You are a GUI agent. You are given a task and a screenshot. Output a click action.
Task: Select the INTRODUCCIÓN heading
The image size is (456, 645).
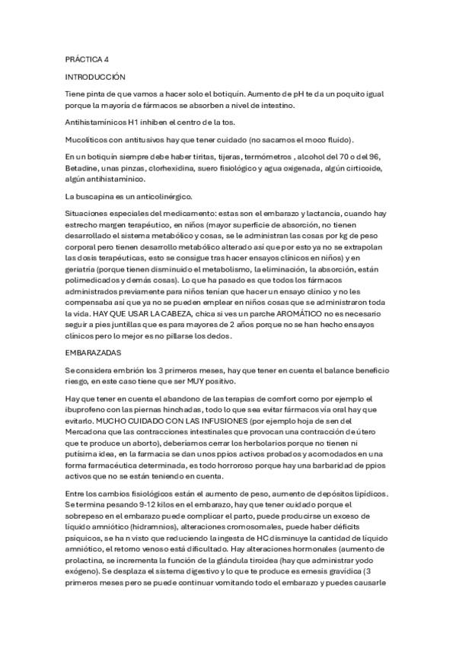click(95, 77)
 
